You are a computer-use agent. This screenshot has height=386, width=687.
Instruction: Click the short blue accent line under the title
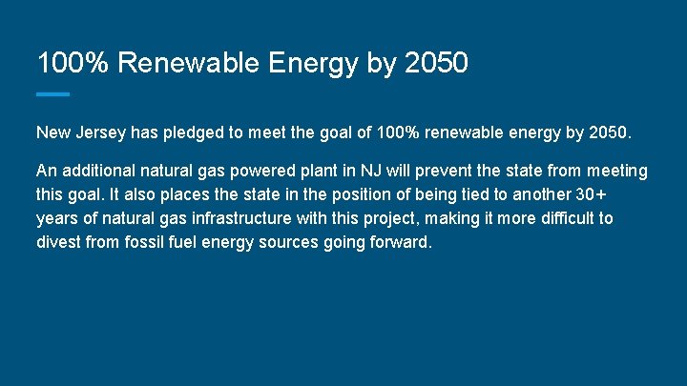(52, 93)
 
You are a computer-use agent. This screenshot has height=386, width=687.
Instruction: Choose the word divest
(59, 242)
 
